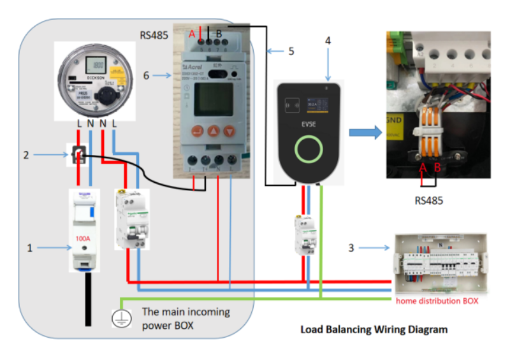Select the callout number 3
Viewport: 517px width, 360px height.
point(351,247)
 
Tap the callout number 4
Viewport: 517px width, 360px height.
point(328,40)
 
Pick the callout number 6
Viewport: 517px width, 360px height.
point(146,75)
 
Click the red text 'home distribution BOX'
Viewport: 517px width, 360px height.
point(437,300)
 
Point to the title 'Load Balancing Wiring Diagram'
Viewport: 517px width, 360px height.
point(374,330)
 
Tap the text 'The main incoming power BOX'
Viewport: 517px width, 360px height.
point(186,318)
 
